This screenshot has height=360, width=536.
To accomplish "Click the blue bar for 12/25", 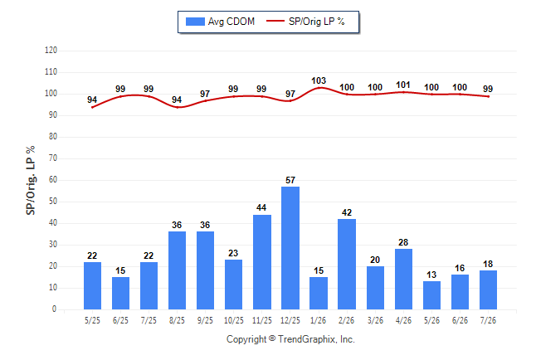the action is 290,248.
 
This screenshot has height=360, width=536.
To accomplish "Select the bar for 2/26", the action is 347,264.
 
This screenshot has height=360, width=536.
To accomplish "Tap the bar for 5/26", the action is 431,295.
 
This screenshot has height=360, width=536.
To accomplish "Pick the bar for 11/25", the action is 262,262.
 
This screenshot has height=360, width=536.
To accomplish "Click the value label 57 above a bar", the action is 290,180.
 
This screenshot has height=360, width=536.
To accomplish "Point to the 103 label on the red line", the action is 319,80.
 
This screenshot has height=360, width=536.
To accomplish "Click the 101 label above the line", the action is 403,85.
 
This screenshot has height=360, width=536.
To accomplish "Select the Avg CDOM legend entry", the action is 220,22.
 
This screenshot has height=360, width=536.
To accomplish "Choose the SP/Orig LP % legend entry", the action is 305,22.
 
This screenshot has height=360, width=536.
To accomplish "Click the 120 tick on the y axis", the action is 51,51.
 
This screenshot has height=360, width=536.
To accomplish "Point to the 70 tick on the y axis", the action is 52,158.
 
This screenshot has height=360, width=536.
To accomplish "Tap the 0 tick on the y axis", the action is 54,309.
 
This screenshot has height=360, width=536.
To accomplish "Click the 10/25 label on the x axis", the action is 234,320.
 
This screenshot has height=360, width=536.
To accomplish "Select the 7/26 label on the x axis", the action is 488,320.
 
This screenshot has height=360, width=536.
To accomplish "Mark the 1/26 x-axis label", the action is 319,320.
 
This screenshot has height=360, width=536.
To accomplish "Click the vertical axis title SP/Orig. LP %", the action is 31,180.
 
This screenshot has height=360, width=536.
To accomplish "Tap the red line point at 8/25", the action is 177,107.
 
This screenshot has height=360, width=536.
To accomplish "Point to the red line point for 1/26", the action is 319,88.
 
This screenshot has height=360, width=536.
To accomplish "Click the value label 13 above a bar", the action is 431,275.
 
